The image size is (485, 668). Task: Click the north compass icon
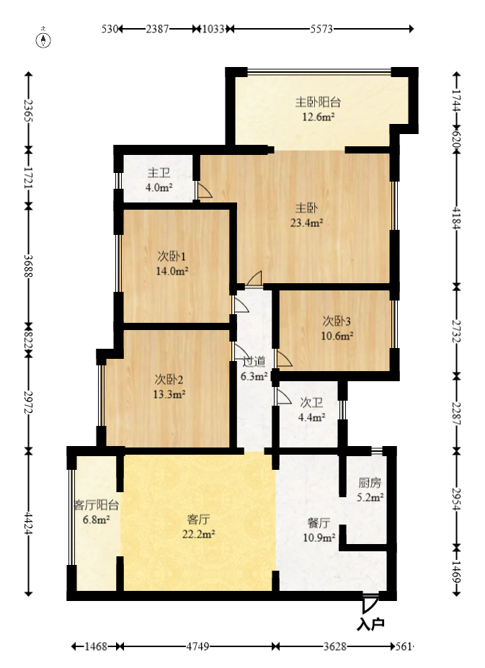pos(43,38)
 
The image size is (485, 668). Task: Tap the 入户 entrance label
pos(370,624)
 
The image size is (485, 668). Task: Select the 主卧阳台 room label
pos(318,102)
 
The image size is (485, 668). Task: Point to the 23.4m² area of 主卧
pos(306,223)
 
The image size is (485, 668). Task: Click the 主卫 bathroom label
pos(159,172)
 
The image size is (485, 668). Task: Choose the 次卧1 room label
pos(172,257)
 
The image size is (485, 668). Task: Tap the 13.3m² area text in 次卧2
pos(169,394)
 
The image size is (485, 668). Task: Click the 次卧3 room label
pos(337,321)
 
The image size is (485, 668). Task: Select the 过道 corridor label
pos(254,362)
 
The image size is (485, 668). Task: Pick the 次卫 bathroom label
pos(311,403)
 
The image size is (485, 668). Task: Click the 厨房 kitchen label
pos(370,483)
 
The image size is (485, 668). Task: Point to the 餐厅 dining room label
pos(319,522)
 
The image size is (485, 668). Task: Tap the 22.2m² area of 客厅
pos(198,534)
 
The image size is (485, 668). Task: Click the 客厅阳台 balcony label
pos(97,505)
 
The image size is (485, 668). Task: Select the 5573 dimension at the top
pos(321,29)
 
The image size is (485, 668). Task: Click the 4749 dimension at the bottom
pos(197,646)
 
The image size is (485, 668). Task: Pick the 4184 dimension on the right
pos(456,218)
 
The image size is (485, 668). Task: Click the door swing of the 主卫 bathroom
pos(204,190)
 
